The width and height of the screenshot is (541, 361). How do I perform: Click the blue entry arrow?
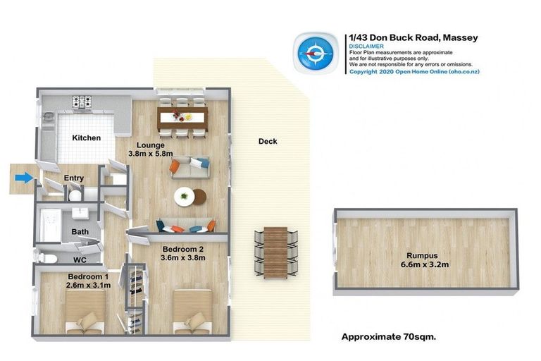click(x=24, y=178)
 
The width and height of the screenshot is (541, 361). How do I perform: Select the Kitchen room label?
click(x=85, y=138)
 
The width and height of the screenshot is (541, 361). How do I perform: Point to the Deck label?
click(x=268, y=141)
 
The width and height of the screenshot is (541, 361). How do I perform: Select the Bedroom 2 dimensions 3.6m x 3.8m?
click(x=182, y=259)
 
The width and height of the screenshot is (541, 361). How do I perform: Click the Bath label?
click(x=79, y=231)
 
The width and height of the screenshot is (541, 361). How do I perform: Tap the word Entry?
click(x=74, y=179)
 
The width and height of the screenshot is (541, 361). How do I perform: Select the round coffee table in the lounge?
click(x=186, y=196)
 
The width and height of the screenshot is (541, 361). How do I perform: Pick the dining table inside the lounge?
click(x=182, y=117)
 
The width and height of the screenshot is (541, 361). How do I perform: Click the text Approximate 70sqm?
click(x=388, y=336)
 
